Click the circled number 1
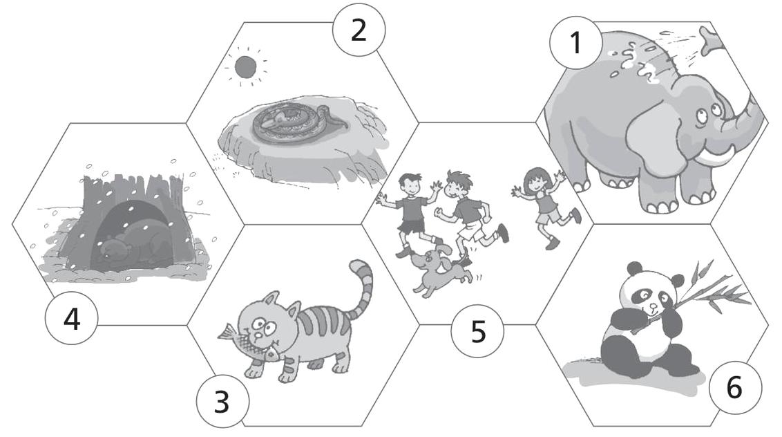(575, 43)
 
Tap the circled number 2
(359, 30)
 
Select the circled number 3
(222, 401)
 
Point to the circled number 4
(71, 318)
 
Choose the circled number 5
(477, 331)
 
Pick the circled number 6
(735, 387)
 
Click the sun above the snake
(245, 67)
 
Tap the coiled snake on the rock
(294, 120)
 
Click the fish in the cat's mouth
(249, 342)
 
